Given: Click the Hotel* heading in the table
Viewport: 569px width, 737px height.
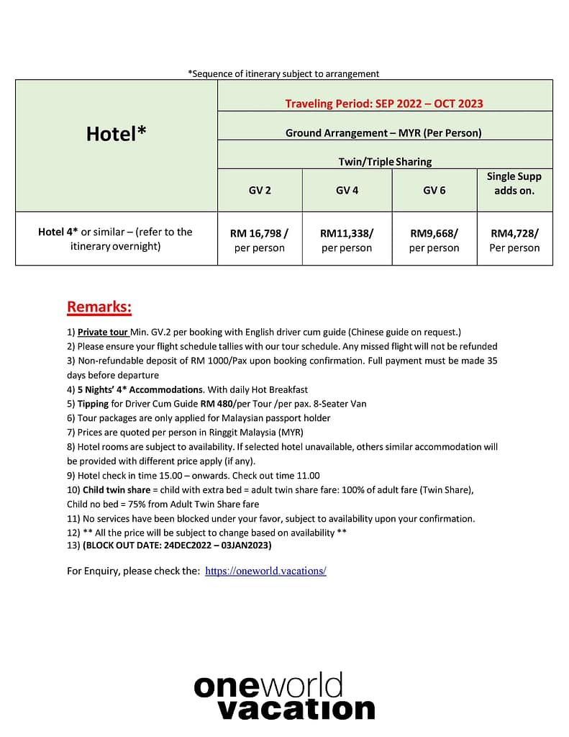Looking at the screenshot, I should (117, 133).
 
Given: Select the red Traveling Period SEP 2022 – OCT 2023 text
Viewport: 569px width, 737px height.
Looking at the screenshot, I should (384, 104).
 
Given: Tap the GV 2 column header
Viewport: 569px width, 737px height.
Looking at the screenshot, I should (260, 191).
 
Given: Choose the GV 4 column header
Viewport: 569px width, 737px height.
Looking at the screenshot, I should (347, 191).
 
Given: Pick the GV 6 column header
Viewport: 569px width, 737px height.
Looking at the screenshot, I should (434, 191).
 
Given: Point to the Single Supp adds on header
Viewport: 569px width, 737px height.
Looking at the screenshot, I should (514, 184).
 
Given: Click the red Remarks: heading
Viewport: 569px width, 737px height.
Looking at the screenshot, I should (99, 307).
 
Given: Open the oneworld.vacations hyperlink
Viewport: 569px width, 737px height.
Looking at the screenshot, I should (265, 571).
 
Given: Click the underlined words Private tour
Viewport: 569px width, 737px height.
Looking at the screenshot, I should (103, 332).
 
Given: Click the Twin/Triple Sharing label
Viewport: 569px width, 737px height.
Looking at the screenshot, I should (385, 162).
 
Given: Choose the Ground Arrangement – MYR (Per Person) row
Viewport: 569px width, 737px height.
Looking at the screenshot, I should (383, 133).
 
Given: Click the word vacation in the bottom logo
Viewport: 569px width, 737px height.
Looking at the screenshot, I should (296, 710).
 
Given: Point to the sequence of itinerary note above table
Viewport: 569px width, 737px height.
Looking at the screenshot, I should (283, 73).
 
